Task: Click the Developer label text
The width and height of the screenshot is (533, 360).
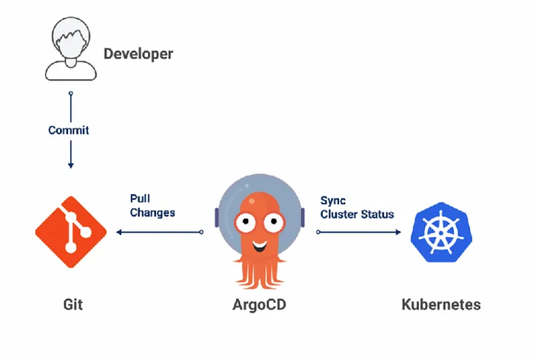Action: [138, 54]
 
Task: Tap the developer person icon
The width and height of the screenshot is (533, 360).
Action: [71, 49]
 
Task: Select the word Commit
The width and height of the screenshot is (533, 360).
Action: [69, 130]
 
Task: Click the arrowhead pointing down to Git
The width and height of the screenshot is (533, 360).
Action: [71, 165]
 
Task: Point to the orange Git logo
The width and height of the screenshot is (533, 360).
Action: [71, 232]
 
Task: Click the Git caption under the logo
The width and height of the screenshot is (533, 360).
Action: [73, 304]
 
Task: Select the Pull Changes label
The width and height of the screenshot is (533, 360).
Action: [152, 205]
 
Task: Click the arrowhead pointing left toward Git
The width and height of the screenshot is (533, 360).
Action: [119, 232]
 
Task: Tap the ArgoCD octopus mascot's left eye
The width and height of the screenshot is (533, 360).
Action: [245, 222]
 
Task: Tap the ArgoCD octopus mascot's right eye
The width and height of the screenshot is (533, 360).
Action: [273, 222]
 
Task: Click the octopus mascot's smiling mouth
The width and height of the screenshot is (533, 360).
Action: [260, 246]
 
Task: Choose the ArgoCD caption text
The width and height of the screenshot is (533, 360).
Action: [259, 305]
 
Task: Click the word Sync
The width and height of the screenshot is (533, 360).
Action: [333, 201]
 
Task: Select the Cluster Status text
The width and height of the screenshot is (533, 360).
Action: [358, 214]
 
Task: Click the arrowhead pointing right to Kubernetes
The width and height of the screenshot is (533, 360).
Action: [398, 232]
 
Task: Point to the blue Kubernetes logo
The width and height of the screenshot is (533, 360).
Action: [441, 233]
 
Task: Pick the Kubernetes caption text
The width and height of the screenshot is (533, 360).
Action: [441, 304]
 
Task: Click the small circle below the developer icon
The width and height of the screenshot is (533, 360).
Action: [71, 93]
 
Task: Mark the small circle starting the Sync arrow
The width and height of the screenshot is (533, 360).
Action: [318, 232]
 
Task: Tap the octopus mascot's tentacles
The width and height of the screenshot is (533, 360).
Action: [260, 272]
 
